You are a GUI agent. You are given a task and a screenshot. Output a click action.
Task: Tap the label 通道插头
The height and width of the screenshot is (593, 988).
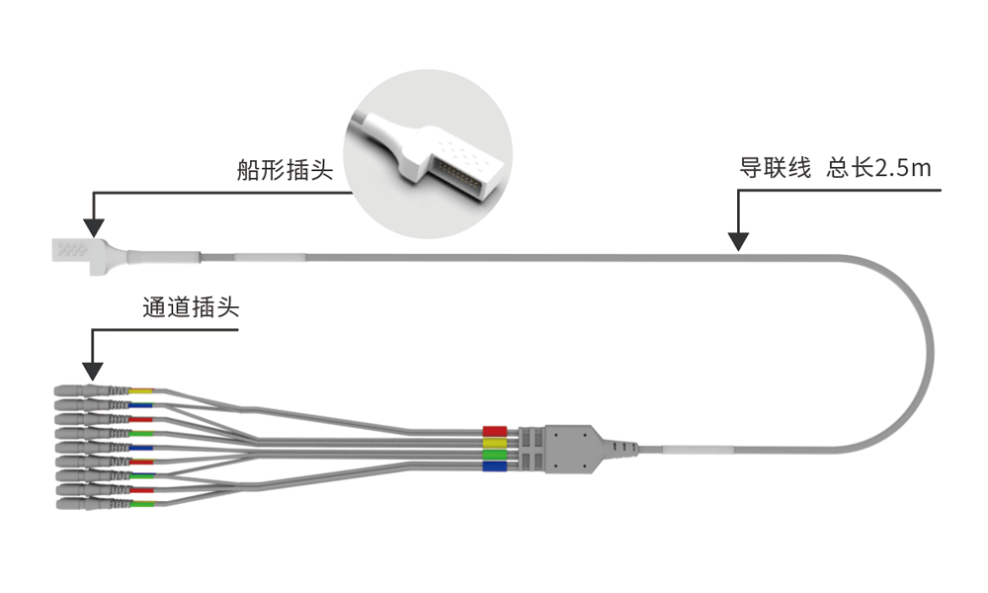tap(191, 307)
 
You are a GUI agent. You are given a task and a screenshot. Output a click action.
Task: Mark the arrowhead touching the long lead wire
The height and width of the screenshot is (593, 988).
tap(738, 240)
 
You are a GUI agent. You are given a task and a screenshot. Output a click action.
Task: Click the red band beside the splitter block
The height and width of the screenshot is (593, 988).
tap(494, 431)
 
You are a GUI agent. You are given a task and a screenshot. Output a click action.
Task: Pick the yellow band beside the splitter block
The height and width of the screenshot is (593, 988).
tap(494, 443)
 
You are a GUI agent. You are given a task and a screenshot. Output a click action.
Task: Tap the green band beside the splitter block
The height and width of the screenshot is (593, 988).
tap(494, 455)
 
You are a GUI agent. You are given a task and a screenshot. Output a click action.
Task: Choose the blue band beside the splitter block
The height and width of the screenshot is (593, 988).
tap(494, 466)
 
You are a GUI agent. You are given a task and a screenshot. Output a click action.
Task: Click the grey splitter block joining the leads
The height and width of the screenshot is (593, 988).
tap(572, 448)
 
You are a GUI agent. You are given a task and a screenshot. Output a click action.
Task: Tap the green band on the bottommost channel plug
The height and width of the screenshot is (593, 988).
tap(141, 505)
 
